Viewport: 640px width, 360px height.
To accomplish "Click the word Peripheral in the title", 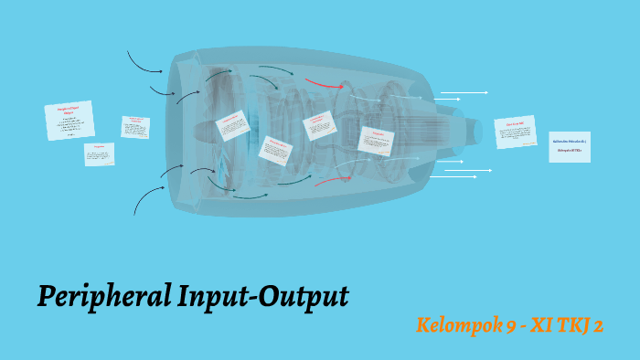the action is pos(101,297).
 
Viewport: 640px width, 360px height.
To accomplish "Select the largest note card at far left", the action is pos(69,121).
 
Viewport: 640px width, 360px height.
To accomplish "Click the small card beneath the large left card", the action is pos(99,154).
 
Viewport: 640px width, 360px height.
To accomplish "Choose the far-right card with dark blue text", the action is pos(569,146).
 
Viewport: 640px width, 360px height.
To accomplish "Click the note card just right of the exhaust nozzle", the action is pos(515,132).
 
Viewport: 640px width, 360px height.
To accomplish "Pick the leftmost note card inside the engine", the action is pos(232,125).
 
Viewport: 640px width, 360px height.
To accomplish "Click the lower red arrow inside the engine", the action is pos(329,180).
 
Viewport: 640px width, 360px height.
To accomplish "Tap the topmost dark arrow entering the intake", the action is pos(144,62).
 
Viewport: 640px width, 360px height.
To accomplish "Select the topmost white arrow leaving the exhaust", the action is pos(464,92).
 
